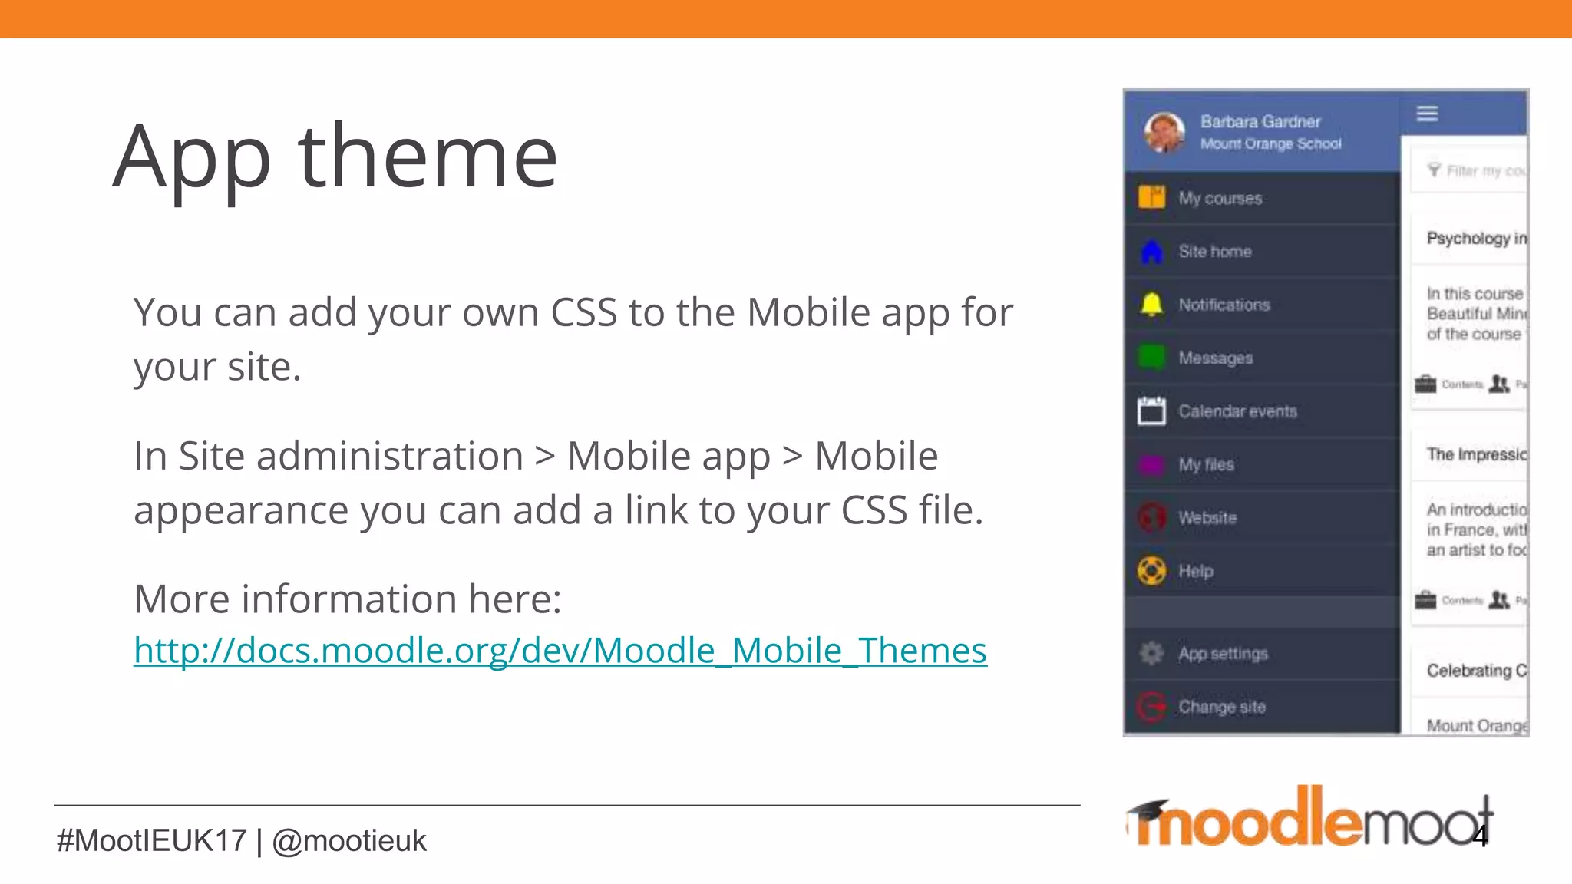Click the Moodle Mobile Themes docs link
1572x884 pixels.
pyautogui.click(x=560, y=651)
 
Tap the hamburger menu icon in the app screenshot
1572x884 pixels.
pyautogui.click(x=1427, y=114)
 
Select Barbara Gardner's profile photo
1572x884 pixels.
pyautogui.click(x=1164, y=132)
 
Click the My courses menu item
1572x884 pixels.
pyautogui.click(x=1220, y=198)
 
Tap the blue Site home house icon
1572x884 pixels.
pyautogui.click(x=1151, y=252)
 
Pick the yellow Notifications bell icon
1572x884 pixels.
pyautogui.click(x=1151, y=305)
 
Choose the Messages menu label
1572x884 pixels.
pyautogui.click(x=1215, y=358)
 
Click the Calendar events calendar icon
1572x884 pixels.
pyautogui.click(x=1151, y=411)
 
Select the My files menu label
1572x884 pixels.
pyautogui.click(x=1206, y=464)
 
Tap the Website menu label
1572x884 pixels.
pyautogui.click(x=1207, y=518)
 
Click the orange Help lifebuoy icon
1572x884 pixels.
pyautogui.click(x=1151, y=571)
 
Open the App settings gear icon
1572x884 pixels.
pyautogui.click(x=1151, y=653)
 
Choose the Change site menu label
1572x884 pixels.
pyautogui.click(x=1222, y=707)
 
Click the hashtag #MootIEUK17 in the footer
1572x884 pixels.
pyautogui.click(x=151, y=841)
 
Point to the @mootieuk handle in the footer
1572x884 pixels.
pyautogui.click(x=349, y=841)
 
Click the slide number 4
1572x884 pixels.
pyautogui.click(x=1480, y=836)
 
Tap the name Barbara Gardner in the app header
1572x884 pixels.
pyautogui.click(x=1260, y=121)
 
